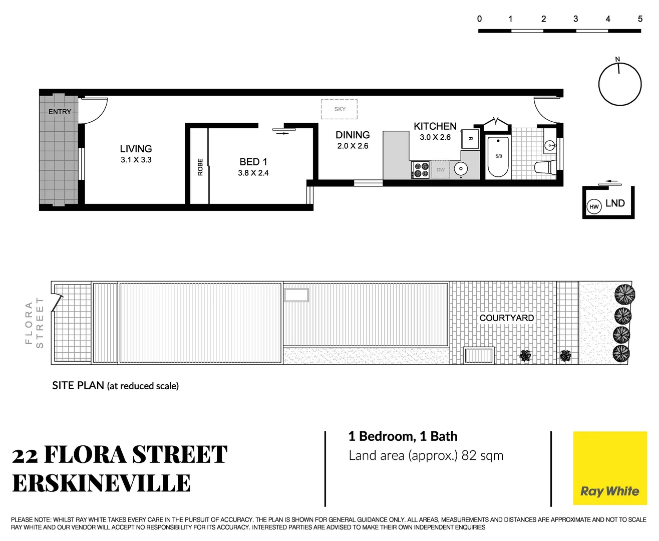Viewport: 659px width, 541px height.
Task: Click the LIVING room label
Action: click(136, 149)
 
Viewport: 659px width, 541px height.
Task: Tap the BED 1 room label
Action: click(253, 162)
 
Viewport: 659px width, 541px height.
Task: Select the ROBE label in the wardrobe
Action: click(200, 167)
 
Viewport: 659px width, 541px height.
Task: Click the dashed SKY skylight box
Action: click(339, 109)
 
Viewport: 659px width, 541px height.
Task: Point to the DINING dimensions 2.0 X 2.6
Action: click(353, 146)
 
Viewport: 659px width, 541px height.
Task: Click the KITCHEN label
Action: click(435, 126)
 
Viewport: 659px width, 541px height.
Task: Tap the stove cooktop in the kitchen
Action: click(420, 170)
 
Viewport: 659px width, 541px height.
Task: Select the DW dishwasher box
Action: click(440, 170)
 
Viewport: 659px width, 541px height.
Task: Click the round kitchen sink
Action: click(461, 169)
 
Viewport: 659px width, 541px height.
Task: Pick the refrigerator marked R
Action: click(470, 139)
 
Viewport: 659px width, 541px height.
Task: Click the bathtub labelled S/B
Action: click(498, 157)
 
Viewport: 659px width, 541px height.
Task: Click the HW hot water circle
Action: click(594, 206)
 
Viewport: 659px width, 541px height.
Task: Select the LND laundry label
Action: click(615, 203)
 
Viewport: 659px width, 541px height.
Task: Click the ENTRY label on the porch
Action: click(60, 112)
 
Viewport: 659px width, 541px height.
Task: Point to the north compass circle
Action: click(620, 84)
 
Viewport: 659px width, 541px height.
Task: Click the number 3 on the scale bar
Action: click(575, 19)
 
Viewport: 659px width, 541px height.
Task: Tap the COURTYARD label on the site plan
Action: click(506, 318)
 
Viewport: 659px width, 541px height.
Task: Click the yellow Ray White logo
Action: click(609, 468)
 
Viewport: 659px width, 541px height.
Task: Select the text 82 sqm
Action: click(482, 455)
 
